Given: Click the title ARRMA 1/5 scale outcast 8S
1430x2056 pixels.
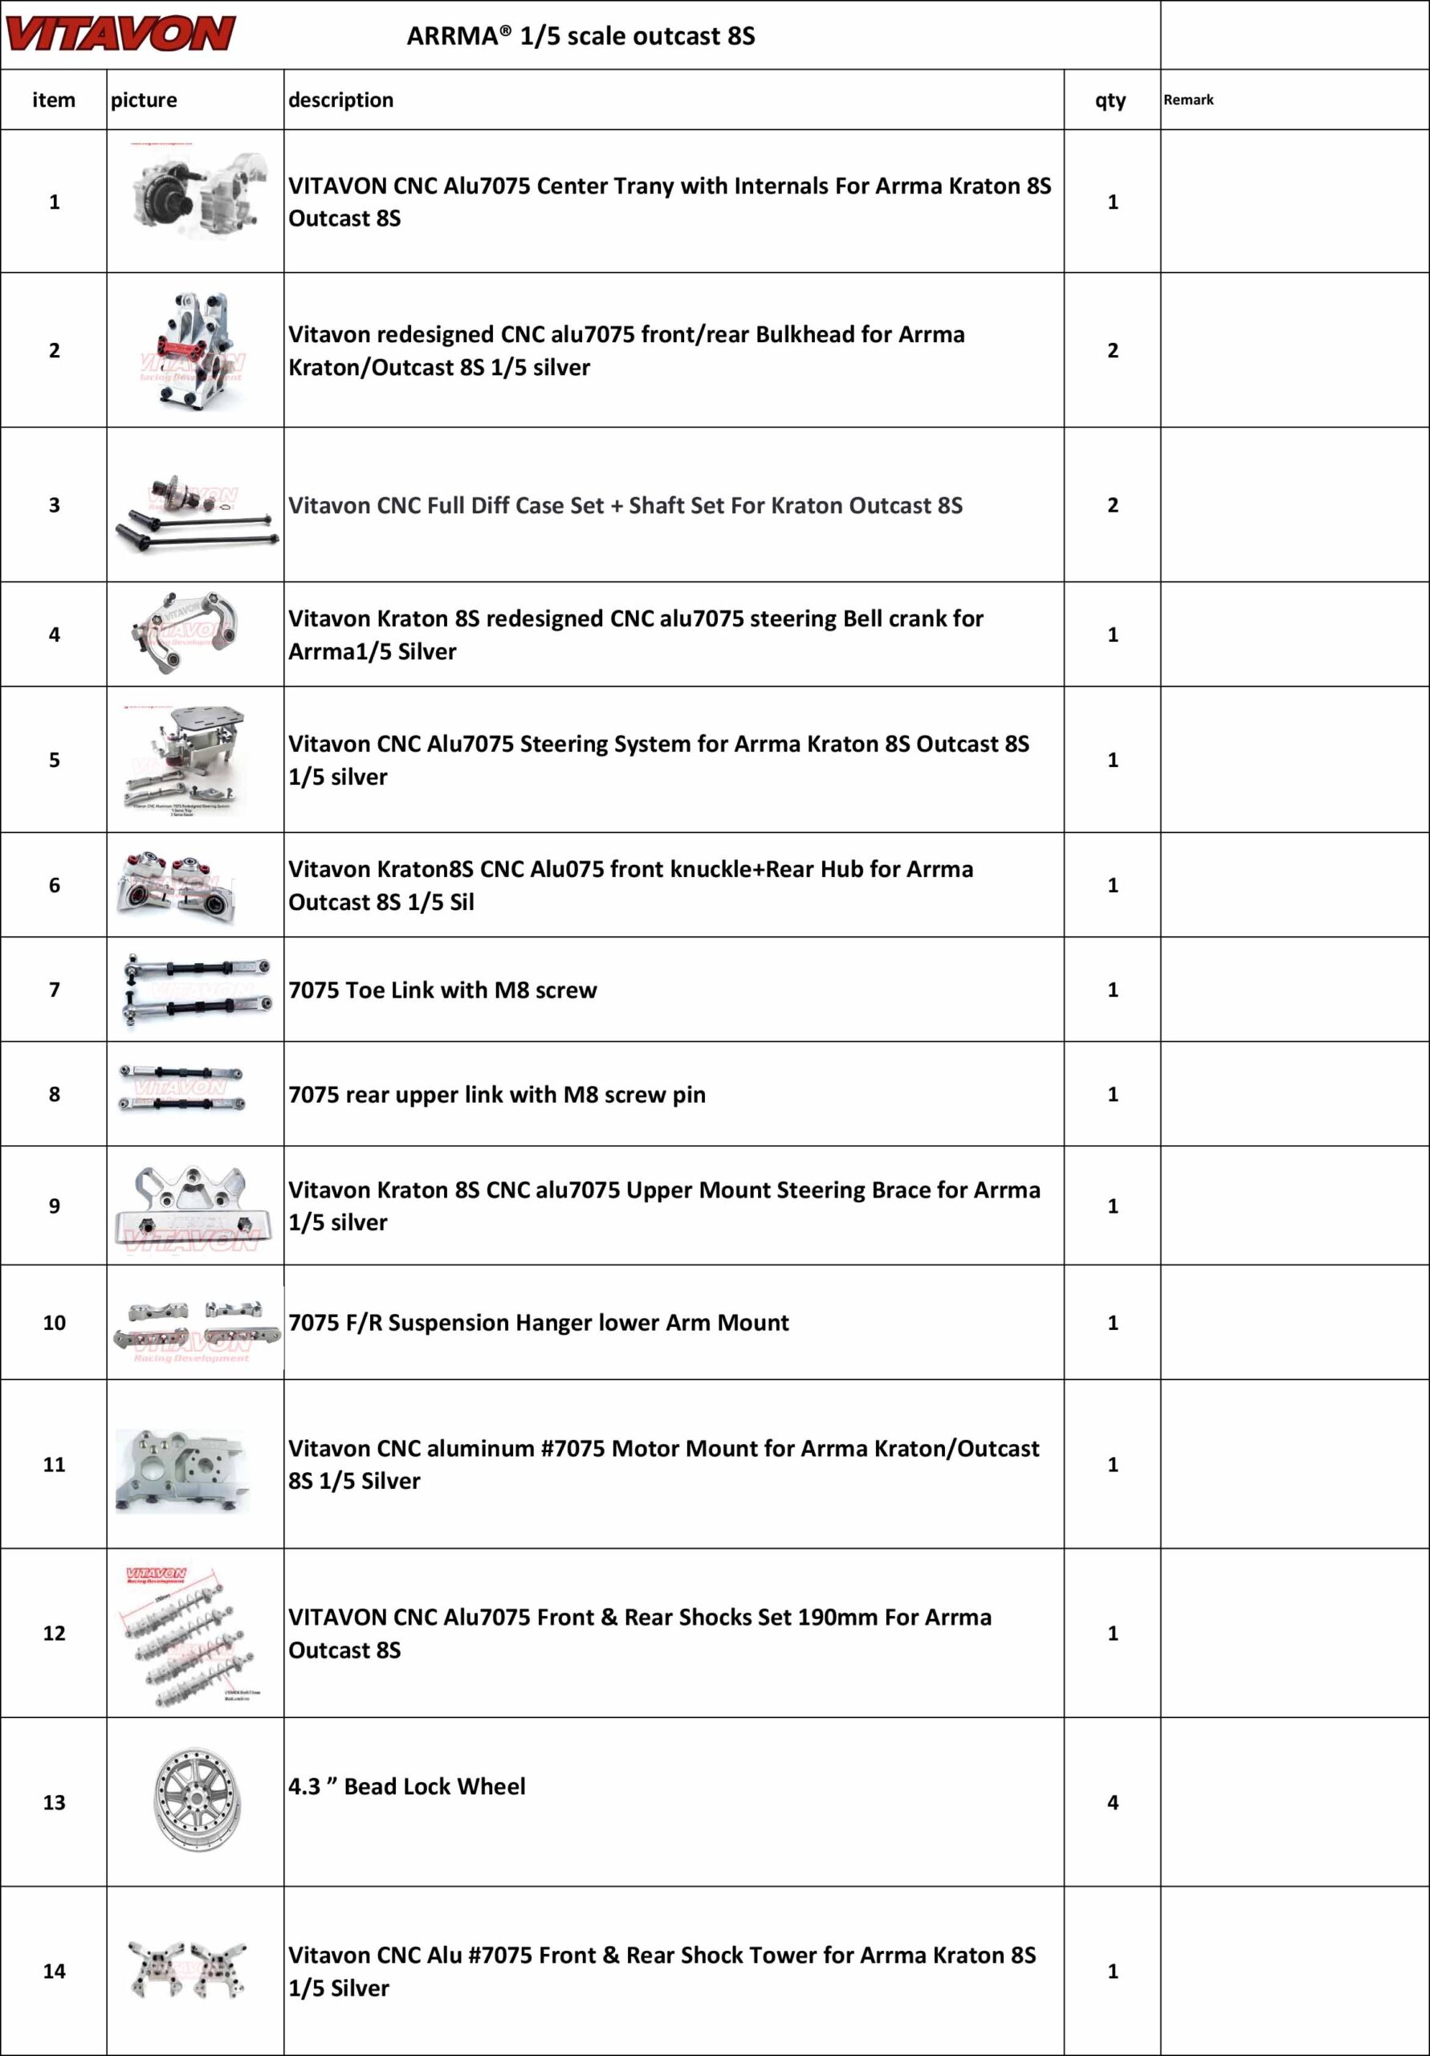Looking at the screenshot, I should (581, 36).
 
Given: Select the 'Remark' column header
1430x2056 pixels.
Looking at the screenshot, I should (1188, 100).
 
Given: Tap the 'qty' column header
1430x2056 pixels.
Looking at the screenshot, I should (1110, 100).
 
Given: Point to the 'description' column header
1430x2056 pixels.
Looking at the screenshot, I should (340, 100).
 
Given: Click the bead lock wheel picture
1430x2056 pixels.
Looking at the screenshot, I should (196, 1801).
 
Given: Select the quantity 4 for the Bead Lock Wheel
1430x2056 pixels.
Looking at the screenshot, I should (1112, 1801).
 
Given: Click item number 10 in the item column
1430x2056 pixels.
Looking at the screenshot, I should (54, 1322).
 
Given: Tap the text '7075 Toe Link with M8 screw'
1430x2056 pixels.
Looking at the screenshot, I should (442, 989).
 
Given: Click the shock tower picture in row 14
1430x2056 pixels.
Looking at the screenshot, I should (187, 1969).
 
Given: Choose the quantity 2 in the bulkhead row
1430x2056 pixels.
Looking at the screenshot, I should (1112, 350).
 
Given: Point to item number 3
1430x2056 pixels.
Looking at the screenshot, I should (54, 504).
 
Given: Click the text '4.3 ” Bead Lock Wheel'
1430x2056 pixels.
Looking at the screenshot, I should (406, 1785).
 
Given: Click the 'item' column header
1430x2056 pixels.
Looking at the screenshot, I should (54, 100).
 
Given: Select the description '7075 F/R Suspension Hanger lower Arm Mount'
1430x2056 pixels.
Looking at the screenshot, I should (538, 1322).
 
